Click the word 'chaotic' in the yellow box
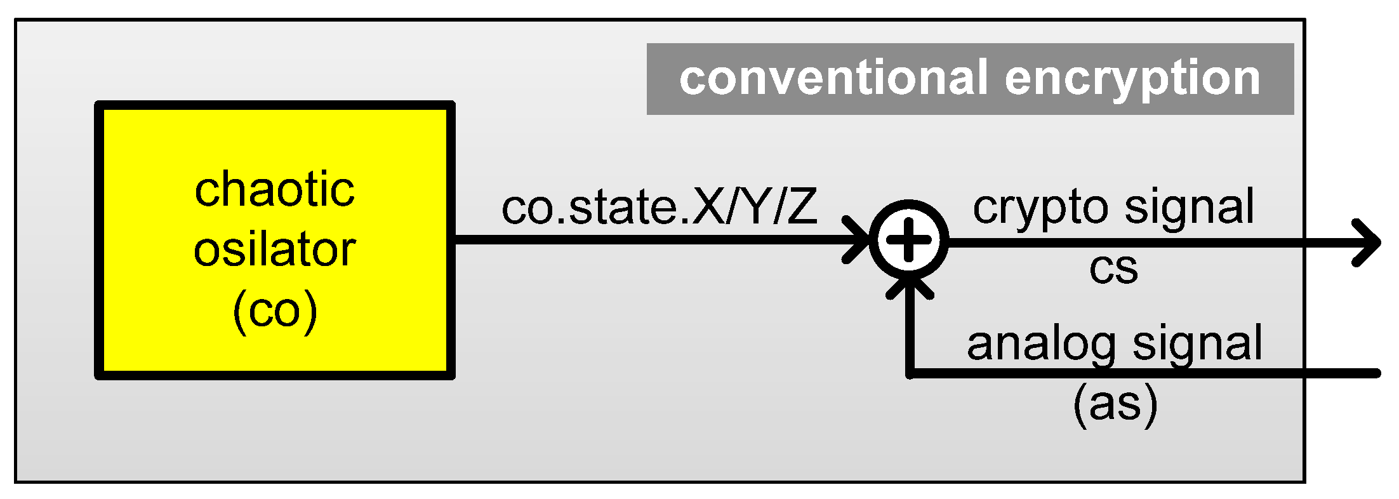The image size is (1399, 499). pyautogui.click(x=274, y=189)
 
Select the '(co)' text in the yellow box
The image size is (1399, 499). pyautogui.click(x=274, y=310)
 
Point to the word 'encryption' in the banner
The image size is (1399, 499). pyautogui.click(x=1132, y=79)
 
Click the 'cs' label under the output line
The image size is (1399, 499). pyautogui.click(x=1113, y=268)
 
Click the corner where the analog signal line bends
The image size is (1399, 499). pyautogui.click(x=910, y=373)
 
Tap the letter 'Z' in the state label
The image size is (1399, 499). pyautogui.click(x=802, y=208)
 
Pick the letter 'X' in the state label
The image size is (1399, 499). pyautogui.click(x=708, y=208)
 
